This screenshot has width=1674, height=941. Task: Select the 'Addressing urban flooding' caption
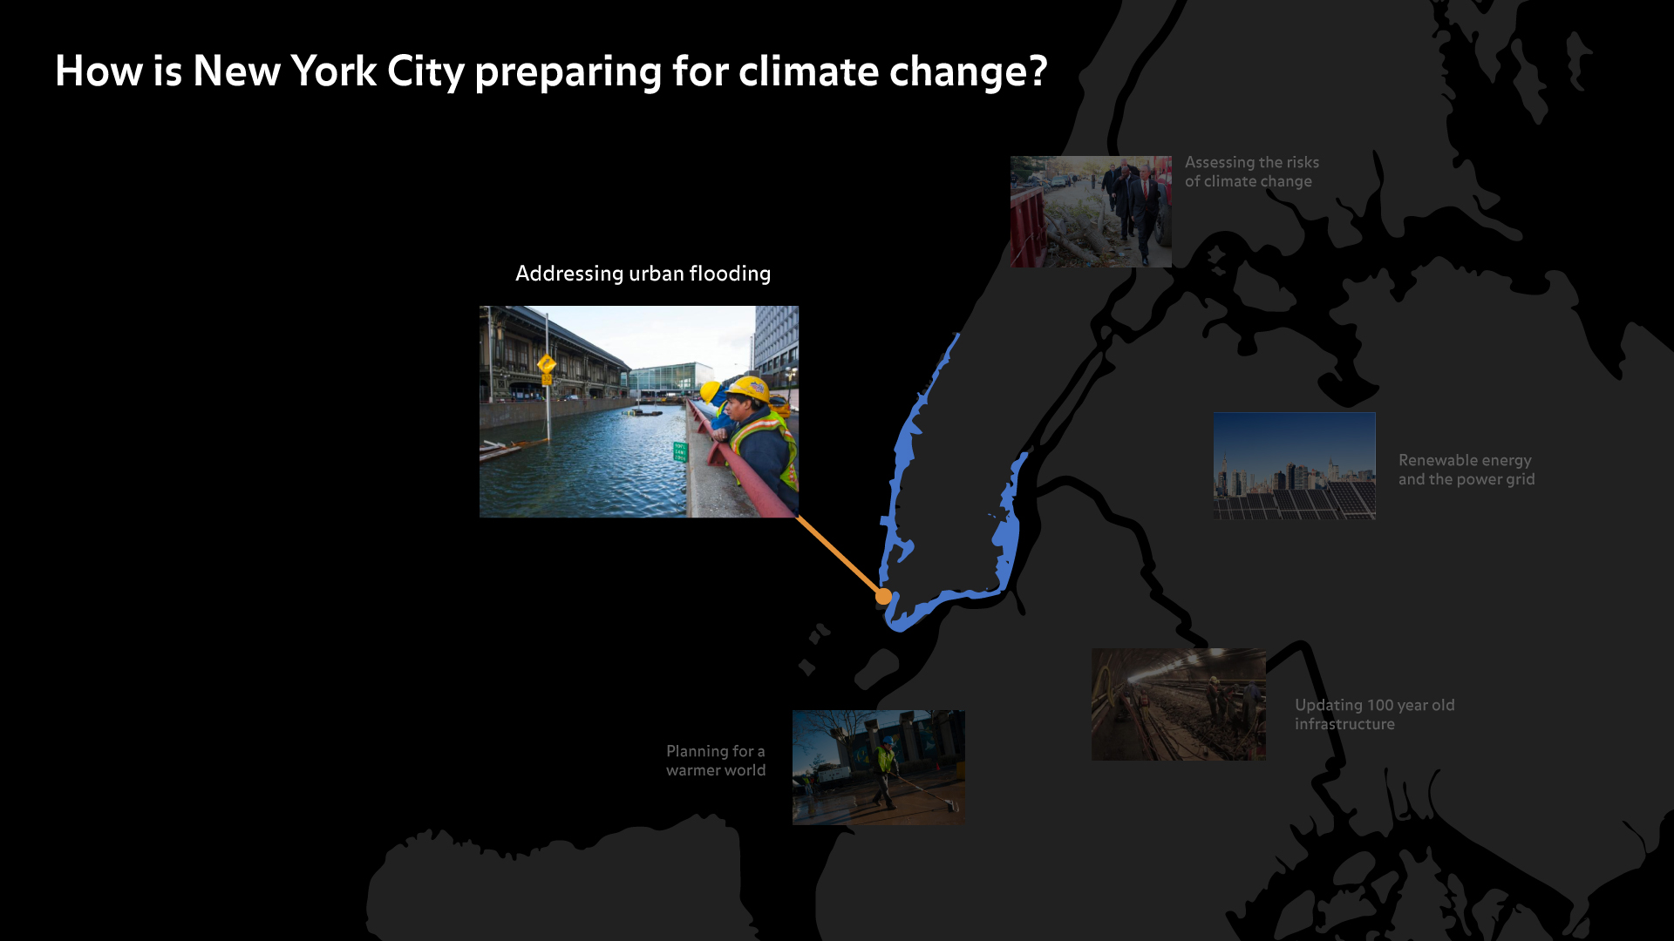pos(643,274)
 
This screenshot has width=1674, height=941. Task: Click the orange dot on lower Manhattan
pos(883,597)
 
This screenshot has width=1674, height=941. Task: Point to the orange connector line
pos(840,557)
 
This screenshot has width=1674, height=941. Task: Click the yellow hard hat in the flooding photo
pos(748,388)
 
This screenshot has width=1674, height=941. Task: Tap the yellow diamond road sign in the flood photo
pos(547,364)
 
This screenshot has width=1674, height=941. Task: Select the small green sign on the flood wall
pos(680,451)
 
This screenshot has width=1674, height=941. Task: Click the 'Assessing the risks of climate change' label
pos(1252,172)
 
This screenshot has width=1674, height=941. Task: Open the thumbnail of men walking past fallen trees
pos(1091,212)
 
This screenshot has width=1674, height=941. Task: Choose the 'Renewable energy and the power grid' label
pos(1466,470)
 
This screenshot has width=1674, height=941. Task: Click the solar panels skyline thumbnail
pos(1295,466)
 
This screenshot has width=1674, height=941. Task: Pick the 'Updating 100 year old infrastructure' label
pos(1375,714)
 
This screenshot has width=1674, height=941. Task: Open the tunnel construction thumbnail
pos(1179,704)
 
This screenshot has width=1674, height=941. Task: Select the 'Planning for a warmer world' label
pos(716,761)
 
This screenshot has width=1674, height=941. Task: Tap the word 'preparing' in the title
pos(568,72)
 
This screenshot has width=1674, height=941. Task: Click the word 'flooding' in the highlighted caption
pos(730,274)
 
